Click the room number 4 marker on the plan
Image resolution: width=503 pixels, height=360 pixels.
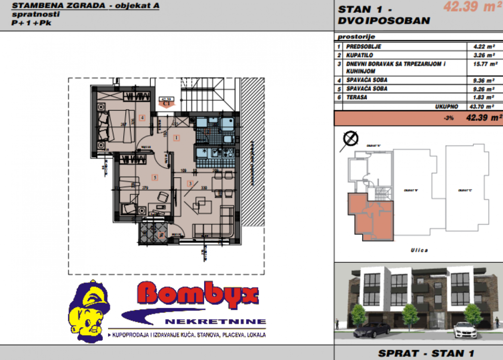click(142, 118)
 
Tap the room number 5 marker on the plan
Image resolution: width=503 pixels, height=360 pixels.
click(154, 177)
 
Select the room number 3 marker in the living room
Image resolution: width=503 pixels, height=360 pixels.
click(190, 184)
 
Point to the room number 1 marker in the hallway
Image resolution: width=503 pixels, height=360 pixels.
click(177, 137)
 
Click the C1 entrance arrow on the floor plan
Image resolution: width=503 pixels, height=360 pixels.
click(165, 103)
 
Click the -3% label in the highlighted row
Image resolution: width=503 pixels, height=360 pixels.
click(449, 118)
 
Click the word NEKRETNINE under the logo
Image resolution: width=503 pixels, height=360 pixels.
click(214, 321)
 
